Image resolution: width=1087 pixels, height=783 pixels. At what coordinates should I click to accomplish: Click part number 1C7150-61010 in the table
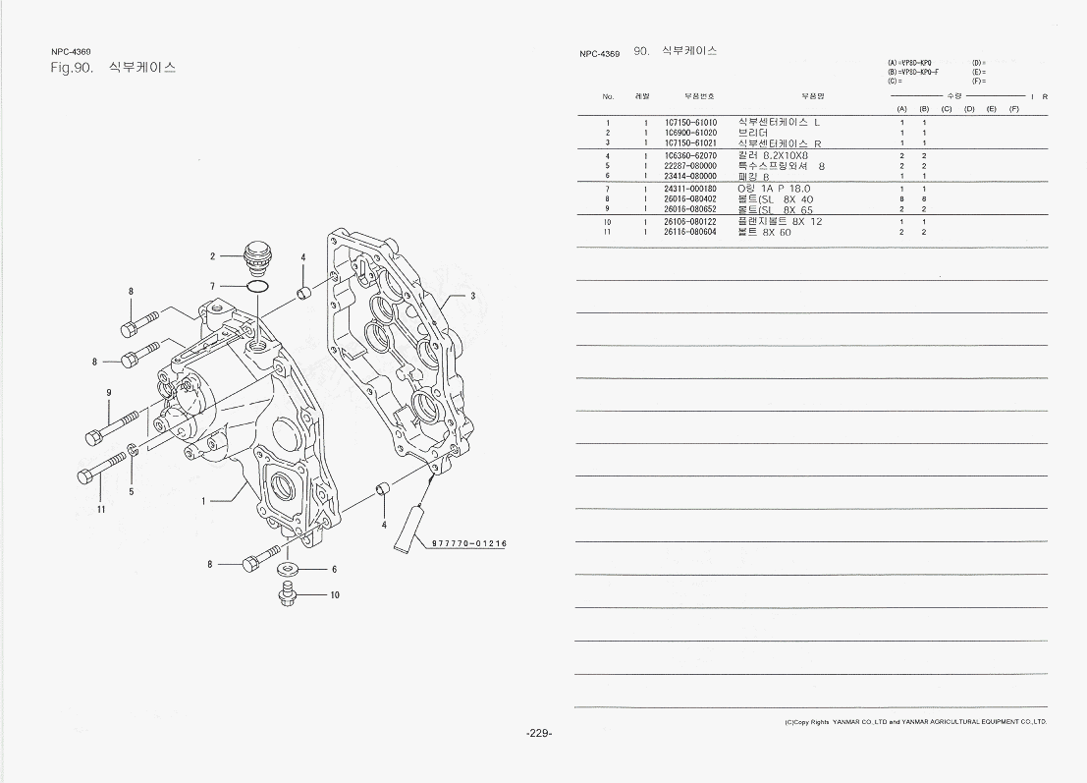click(x=690, y=123)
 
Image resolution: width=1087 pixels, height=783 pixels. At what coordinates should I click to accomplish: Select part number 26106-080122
click(x=690, y=222)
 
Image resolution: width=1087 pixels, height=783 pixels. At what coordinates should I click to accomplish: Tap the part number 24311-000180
click(x=690, y=189)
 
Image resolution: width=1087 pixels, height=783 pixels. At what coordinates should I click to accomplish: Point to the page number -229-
click(x=539, y=733)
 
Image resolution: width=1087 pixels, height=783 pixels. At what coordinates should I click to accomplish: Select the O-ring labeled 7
click(x=257, y=286)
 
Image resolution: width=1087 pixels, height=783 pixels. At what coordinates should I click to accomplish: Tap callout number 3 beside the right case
click(x=472, y=296)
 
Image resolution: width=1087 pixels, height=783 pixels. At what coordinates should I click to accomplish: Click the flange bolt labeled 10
click(x=288, y=593)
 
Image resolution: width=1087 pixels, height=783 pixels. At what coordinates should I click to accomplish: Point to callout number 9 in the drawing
click(x=108, y=393)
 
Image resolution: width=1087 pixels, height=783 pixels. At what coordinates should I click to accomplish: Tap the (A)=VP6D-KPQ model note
click(x=908, y=62)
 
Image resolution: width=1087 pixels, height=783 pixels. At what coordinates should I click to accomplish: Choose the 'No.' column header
click(x=608, y=96)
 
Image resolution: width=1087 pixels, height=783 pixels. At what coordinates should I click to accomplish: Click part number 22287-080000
click(x=690, y=166)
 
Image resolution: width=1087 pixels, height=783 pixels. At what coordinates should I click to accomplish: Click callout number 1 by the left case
click(x=204, y=500)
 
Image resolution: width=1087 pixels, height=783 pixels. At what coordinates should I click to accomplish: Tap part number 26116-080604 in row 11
click(x=690, y=233)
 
